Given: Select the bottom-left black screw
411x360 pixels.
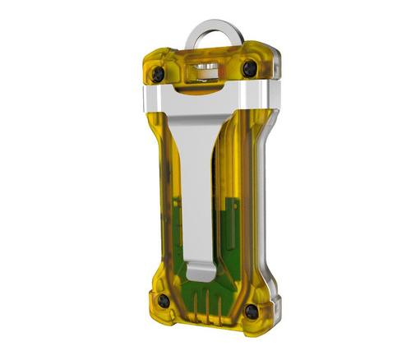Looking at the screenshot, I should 165,301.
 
